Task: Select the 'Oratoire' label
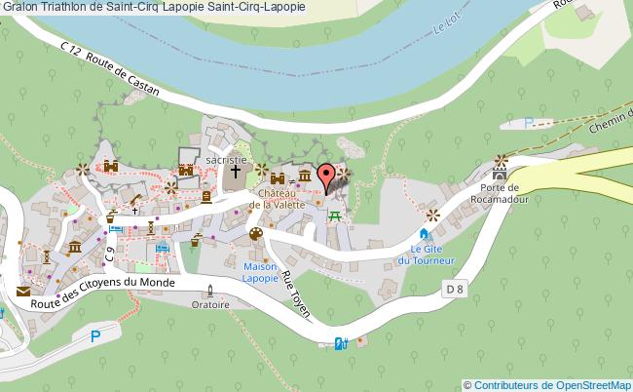pyautogui.click(x=210, y=304)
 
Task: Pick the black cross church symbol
pyautogui.click(x=234, y=174)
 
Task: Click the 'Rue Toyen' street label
pyautogui.click(x=296, y=295)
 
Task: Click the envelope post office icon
pyautogui.click(x=22, y=291)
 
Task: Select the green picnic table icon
pyautogui.click(x=336, y=216)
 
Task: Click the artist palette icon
pyautogui.click(x=255, y=234)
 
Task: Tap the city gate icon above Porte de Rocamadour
pyautogui.click(x=501, y=161)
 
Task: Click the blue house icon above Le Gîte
pyautogui.click(x=424, y=234)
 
